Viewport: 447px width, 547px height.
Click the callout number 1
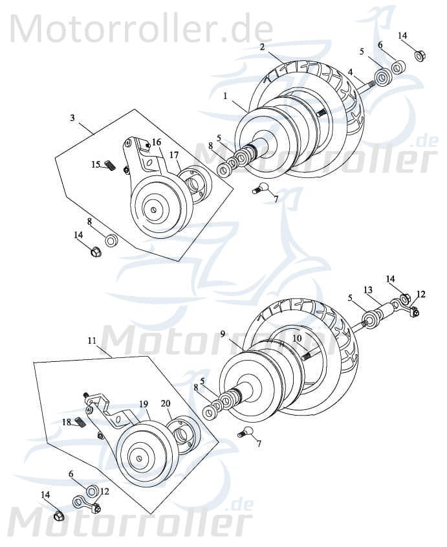pos(225,95)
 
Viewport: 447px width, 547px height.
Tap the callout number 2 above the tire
pos(262,47)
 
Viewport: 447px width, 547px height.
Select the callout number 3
pos(72,118)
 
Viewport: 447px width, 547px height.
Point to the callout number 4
pos(350,72)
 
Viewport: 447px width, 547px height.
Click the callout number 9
pos(223,335)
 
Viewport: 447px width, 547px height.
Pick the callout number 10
pos(297,338)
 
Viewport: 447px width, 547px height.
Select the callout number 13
pos(367,289)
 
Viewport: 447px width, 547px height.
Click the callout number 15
pos(95,165)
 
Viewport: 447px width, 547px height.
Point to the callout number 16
pos(157,142)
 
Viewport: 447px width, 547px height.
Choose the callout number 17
pos(174,155)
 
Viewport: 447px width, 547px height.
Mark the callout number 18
pos(67,421)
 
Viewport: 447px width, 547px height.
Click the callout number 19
pos(144,403)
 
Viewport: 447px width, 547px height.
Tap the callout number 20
pos(166,403)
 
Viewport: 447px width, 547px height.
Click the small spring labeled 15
pos(111,166)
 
